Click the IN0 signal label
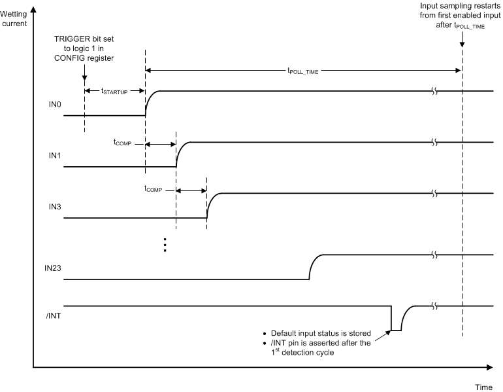pos(54,103)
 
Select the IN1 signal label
pos(54,155)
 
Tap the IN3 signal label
pos(54,206)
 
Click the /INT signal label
pos(52,315)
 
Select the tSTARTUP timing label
pos(114,92)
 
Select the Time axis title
pos(483,387)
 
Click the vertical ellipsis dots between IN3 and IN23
pos(165,244)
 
